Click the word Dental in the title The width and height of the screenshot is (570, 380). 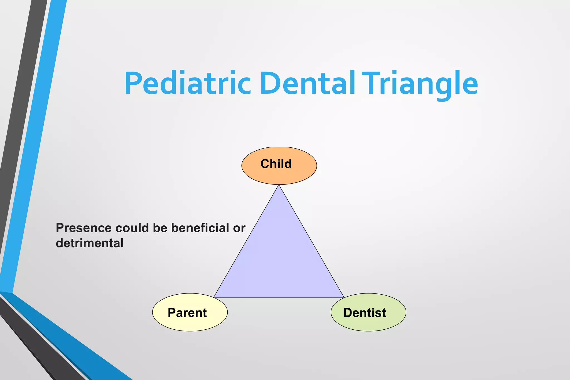click(x=308, y=83)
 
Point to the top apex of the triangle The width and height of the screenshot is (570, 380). click(x=279, y=186)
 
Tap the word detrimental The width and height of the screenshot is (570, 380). click(x=90, y=243)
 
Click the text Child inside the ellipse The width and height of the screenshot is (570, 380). click(x=276, y=164)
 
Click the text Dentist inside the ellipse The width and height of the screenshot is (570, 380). click(x=365, y=313)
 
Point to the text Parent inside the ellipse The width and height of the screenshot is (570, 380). click(x=187, y=313)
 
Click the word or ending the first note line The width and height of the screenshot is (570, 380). click(x=239, y=228)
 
